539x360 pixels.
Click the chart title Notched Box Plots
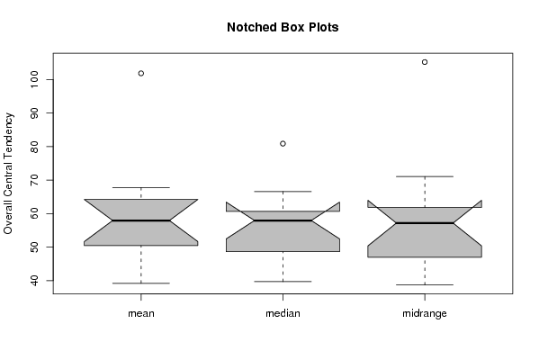tap(283, 27)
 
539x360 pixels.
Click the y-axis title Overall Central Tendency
tap(8, 174)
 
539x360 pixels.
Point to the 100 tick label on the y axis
tap(34, 79)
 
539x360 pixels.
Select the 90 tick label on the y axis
tap(34, 112)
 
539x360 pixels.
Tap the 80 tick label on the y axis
tap(34, 147)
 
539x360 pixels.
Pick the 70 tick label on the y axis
tap(34, 180)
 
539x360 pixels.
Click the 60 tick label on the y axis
tap(34, 213)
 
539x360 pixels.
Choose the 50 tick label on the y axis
tap(34, 247)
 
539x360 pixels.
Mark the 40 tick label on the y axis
tap(34, 281)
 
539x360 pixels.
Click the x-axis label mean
tap(141, 313)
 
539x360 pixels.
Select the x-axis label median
tap(283, 313)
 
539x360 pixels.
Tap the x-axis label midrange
tap(425, 313)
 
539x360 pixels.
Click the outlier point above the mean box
tap(141, 73)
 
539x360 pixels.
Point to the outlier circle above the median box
tap(283, 144)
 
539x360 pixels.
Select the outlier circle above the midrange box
tap(425, 62)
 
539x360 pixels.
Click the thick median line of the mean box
tap(141, 220)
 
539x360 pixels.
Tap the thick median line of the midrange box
tap(425, 223)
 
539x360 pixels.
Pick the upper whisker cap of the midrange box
tap(425, 176)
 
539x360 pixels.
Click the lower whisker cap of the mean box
tap(141, 283)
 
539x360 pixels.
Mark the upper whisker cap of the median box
tap(283, 191)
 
